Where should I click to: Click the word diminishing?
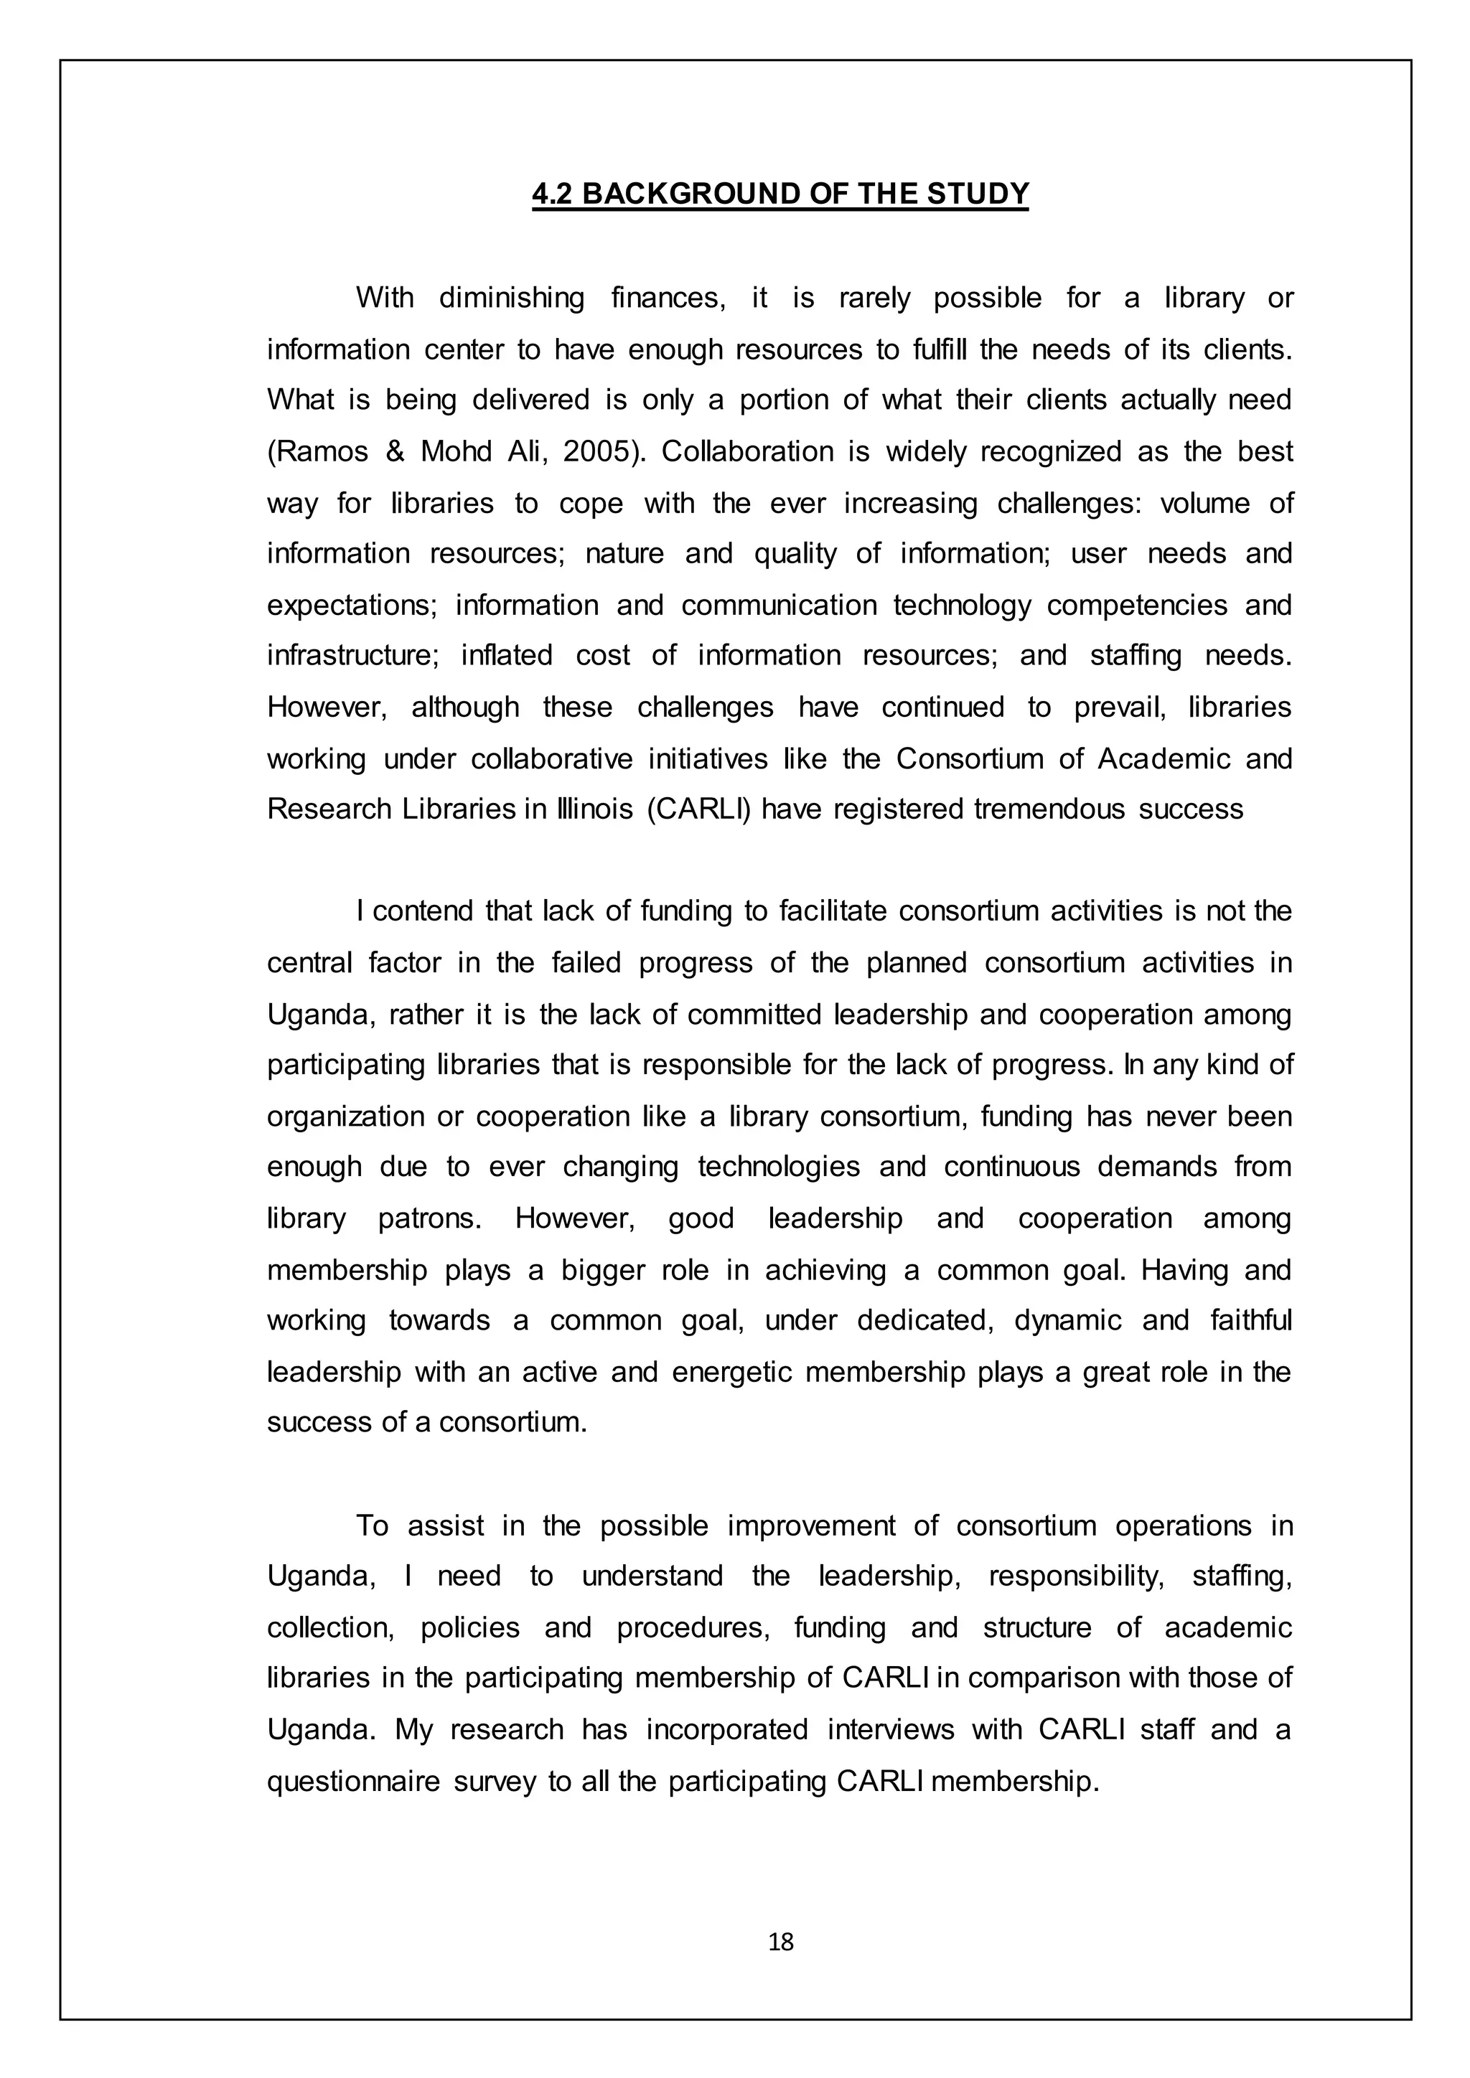(512, 298)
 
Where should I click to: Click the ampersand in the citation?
(395, 451)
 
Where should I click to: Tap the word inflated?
(506, 655)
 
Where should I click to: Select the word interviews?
(891, 1729)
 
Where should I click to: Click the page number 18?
(780, 1942)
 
